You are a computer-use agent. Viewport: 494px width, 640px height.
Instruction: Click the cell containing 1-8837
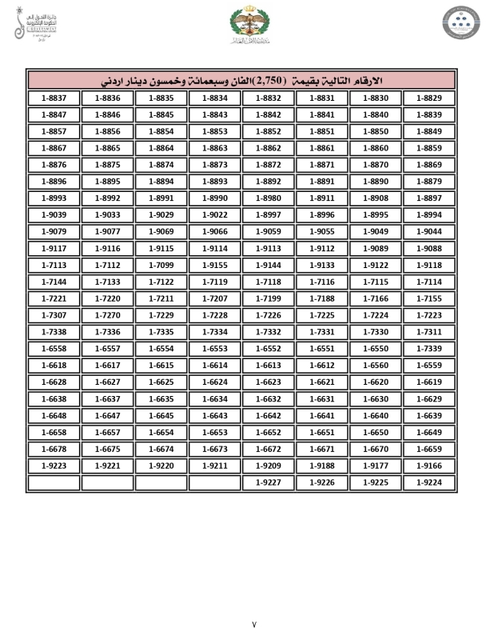tap(53, 98)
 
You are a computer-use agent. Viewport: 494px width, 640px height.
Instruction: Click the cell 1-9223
tap(53, 466)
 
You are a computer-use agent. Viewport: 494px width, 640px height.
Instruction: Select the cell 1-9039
tap(53, 214)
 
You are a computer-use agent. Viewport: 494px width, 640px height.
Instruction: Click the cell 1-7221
tap(53, 298)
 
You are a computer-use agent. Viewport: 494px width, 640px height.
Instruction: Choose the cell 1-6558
tap(53, 349)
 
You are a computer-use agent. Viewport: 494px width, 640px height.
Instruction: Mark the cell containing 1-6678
tap(53, 449)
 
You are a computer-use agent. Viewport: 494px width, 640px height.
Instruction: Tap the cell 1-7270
tap(107, 315)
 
